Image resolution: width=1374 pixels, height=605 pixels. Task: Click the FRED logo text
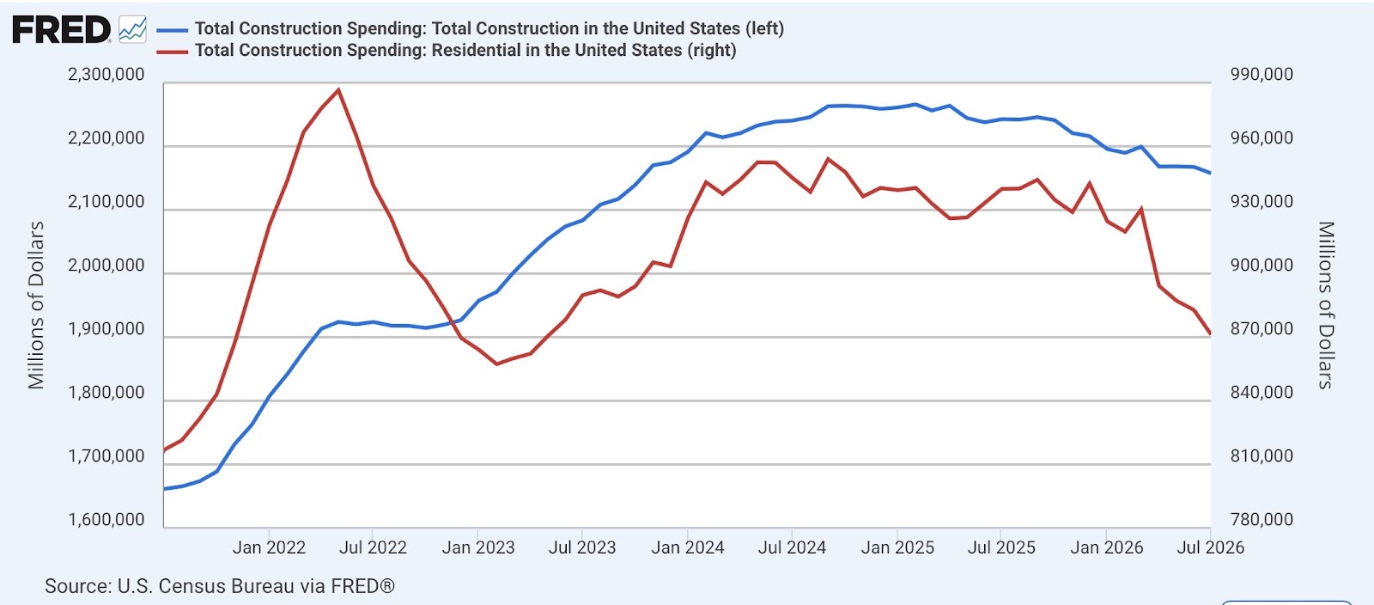[x=61, y=29]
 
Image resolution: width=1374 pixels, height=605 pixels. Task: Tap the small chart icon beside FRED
[x=132, y=29]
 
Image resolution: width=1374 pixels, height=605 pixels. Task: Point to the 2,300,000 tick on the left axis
[x=106, y=75]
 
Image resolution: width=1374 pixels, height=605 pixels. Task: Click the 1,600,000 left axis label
[x=106, y=520]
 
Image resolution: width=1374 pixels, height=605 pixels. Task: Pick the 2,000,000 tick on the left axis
[x=106, y=266]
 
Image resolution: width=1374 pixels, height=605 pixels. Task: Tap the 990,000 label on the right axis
[x=1262, y=75]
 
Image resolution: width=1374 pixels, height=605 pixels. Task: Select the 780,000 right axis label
[x=1262, y=520]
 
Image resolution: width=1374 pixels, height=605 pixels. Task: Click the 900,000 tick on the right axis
[x=1262, y=266]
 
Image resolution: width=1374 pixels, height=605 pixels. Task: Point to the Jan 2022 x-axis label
[x=269, y=547]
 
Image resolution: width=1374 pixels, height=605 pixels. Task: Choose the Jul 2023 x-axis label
[x=582, y=547]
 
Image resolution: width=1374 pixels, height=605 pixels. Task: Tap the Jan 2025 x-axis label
[x=897, y=547]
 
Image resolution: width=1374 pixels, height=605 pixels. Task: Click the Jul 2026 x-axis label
[x=1210, y=547]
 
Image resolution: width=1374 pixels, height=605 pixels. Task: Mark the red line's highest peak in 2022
[x=338, y=89]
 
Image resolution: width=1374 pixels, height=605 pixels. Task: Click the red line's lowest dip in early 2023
[x=496, y=364]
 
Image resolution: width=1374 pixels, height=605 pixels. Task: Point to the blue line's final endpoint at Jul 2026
[x=1210, y=173]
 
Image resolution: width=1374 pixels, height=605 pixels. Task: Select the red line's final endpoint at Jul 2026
[x=1210, y=333]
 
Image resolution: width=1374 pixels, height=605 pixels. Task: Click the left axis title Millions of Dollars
[x=36, y=305]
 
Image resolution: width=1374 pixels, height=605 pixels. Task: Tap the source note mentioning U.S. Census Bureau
[x=220, y=586]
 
